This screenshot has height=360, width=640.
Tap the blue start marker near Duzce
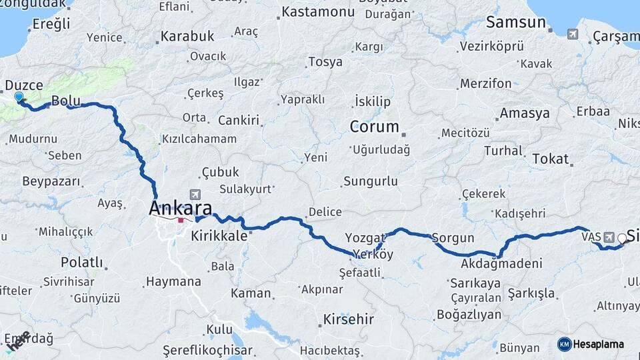18,97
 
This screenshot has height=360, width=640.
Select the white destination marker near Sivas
623,238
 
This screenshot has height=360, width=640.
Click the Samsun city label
516,22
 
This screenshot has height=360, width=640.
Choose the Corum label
374,127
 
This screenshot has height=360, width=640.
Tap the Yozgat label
365,237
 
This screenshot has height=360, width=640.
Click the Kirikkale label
221,236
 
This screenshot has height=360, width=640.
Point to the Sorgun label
453,238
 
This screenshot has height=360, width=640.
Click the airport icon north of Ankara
195,195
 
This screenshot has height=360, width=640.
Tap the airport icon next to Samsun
573,33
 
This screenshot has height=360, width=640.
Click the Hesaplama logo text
599,344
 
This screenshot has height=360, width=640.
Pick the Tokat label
551,159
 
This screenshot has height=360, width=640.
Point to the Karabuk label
187,36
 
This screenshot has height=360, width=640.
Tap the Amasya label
525,113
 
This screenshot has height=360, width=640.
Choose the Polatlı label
82,261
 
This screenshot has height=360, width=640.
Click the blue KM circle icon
564,344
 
